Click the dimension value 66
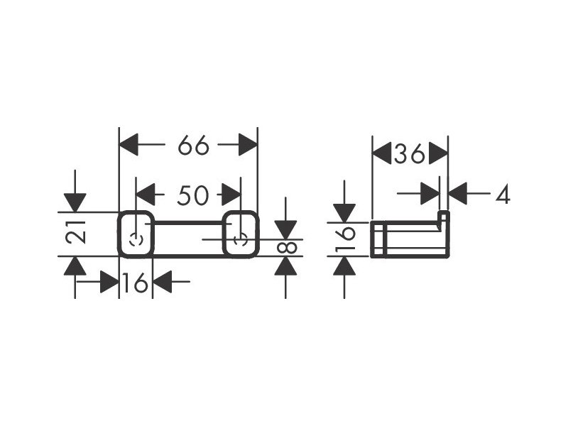(x=193, y=145)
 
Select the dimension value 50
(x=193, y=195)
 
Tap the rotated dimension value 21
(x=76, y=232)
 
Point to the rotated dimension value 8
(x=287, y=248)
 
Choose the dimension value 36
(x=410, y=153)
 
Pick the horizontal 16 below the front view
(x=136, y=283)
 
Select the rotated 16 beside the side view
(x=345, y=239)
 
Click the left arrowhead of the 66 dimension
(x=129, y=145)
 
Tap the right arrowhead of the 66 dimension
(x=248, y=145)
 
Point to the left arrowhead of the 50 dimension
(x=146, y=195)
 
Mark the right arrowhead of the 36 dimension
(x=438, y=153)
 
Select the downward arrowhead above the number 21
(x=75, y=203)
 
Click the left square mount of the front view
(x=136, y=234)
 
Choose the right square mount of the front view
(x=241, y=234)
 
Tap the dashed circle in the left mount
(x=136, y=240)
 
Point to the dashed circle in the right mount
(x=241, y=240)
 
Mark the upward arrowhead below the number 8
(x=286, y=266)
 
